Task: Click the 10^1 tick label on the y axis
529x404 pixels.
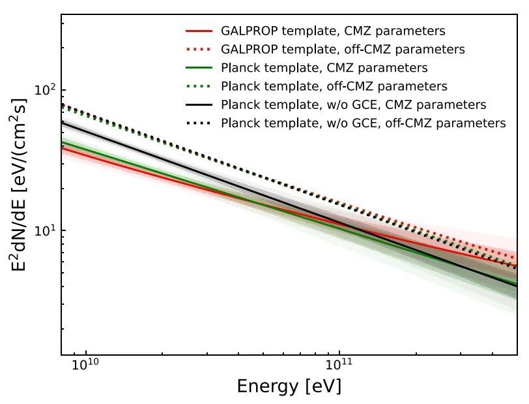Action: coord(44,230)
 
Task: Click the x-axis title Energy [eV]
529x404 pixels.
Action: coord(289,386)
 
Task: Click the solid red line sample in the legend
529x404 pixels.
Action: coord(199,31)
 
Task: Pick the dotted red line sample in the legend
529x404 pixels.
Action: coord(199,49)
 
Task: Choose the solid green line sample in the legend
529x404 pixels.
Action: coord(199,67)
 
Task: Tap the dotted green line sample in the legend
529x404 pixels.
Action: coord(199,85)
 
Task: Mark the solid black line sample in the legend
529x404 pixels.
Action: coord(199,104)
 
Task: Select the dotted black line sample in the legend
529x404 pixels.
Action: coord(199,123)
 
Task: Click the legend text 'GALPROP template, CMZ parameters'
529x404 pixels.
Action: coord(333,31)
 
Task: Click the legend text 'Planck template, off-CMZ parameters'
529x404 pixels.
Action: coord(334,85)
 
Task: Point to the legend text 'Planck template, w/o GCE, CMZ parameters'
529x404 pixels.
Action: coord(354,104)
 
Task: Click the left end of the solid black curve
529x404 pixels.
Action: coord(63,122)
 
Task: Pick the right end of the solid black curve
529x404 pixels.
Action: coord(516,285)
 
